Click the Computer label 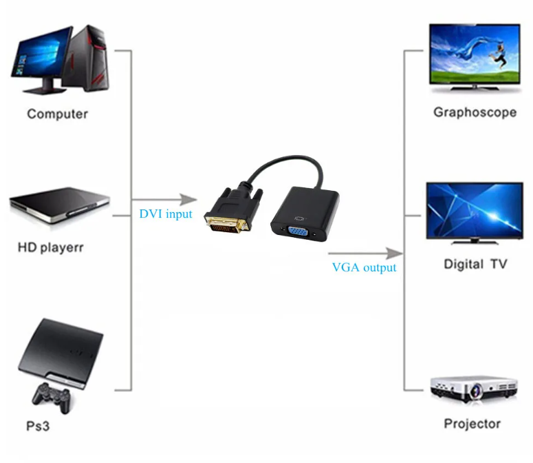(57, 114)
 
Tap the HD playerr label (50, 247)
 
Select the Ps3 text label (38, 426)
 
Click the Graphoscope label (475, 112)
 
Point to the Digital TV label (475, 264)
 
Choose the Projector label (472, 424)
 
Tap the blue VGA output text (364, 267)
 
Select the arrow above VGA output (365, 253)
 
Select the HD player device (60, 205)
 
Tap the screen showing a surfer (475, 54)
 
